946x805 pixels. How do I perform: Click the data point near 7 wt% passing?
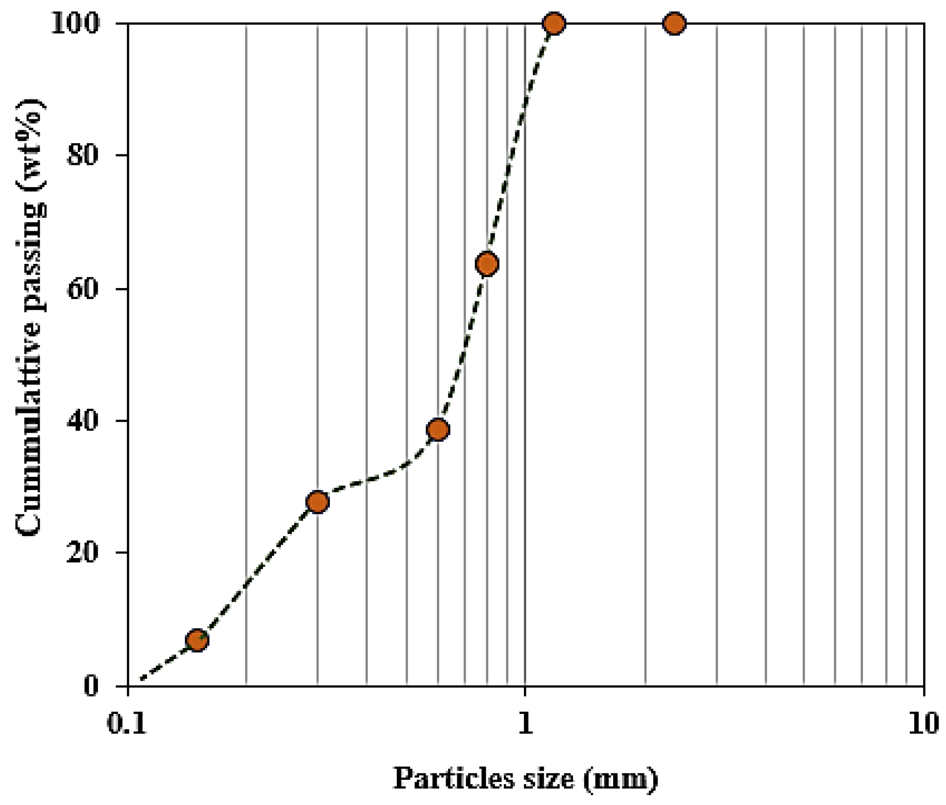point(197,640)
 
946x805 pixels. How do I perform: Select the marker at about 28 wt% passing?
point(317,502)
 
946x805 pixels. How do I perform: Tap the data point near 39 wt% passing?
point(438,429)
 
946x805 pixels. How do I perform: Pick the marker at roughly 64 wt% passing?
point(487,264)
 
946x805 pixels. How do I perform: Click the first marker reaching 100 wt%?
point(554,23)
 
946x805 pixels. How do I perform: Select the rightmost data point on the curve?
point(675,23)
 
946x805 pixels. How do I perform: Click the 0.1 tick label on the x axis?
point(127,724)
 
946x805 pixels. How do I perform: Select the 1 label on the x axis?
point(525,724)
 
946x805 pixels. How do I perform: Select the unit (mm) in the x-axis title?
point(621,778)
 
